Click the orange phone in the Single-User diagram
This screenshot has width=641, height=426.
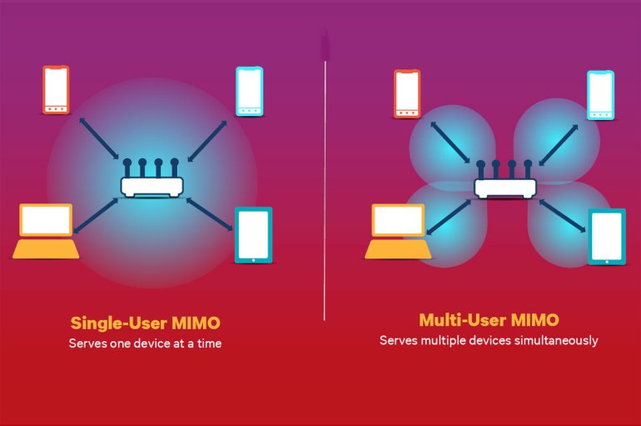[x=56, y=90]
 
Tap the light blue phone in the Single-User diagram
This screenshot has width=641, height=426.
[x=249, y=89]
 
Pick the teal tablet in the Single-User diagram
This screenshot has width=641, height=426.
[x=253, y=236]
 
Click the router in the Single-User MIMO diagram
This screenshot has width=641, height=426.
[x=152, y=180]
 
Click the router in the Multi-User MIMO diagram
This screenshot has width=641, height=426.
[x=505, y=181]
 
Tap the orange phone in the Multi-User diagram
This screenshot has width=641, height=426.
[x=407, y=94]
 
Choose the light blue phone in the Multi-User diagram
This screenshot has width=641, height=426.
[x=600, y=94]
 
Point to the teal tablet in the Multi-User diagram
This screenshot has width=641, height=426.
[x=606, y=237]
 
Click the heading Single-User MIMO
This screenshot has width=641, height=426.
[x=146, y=323]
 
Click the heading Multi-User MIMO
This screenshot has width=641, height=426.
[x=489, y=320]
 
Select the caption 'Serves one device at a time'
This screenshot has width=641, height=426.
[x=146, y=343]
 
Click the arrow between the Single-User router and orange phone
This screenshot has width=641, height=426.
[x=99, y=138]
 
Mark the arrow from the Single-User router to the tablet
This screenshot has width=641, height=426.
[x=209, y=214]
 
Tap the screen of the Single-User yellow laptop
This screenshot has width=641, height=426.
[x=47, y=221]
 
